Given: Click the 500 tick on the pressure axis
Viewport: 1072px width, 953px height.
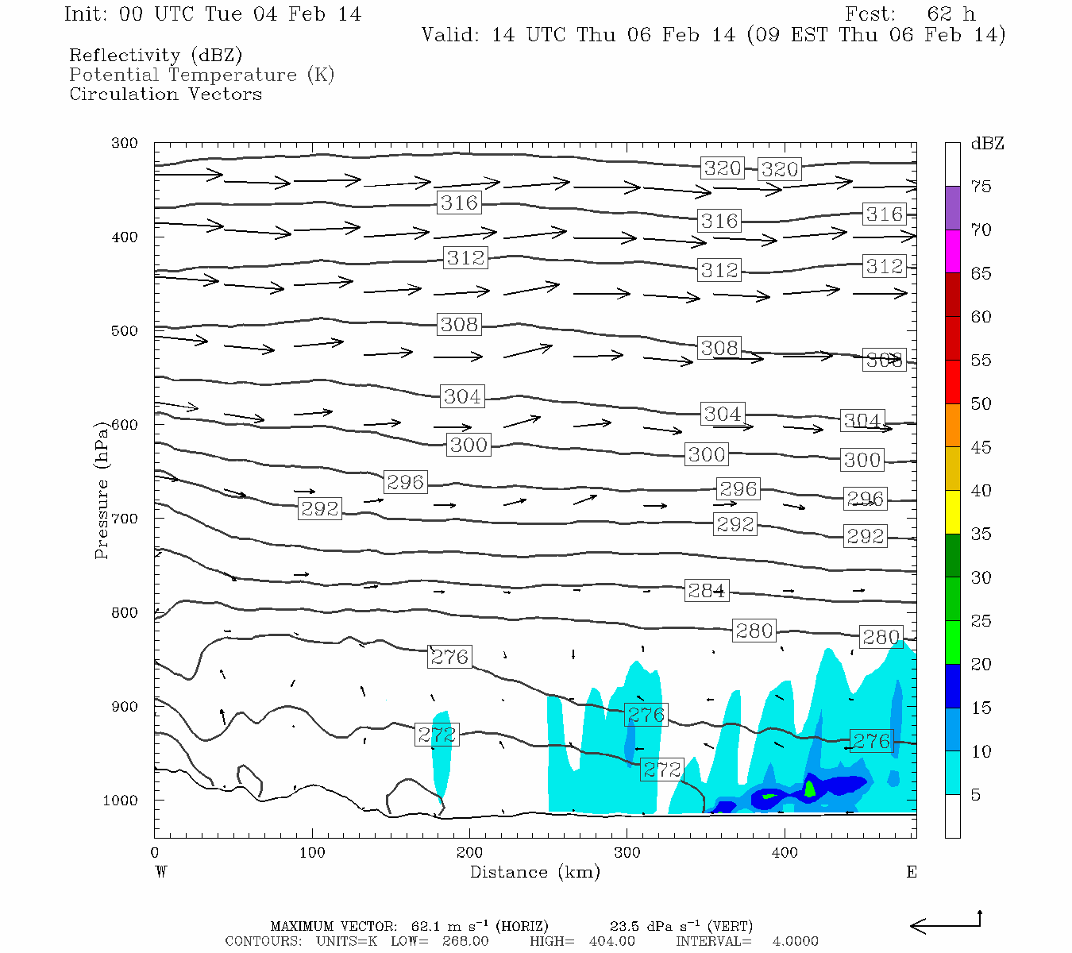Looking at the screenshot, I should pos(125,330).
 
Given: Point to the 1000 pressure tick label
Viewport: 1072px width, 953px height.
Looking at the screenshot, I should pos(121,800).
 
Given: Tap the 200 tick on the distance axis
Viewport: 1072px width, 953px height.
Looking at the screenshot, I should pos(469,853).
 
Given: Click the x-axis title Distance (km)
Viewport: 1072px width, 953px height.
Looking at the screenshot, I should pos(534,872).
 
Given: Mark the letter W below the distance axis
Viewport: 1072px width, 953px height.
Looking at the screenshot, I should pos(161,872).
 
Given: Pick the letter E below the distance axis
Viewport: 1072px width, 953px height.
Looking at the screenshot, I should pos(912,872).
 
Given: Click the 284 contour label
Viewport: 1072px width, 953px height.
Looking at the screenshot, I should pos(706,591).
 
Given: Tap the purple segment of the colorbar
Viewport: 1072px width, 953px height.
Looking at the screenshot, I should pos(952,208).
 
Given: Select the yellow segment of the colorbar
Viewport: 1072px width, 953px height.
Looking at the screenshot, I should pos(952,512).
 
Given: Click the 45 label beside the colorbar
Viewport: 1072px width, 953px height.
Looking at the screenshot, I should pos(981,447).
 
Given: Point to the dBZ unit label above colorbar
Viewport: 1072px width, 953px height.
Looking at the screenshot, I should pos(987,144).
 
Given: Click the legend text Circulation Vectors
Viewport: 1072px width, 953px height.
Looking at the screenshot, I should pos(165,94).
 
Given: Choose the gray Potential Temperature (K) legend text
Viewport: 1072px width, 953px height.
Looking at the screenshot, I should pos(202,75).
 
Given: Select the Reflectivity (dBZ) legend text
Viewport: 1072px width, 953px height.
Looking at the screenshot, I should pos(156,56).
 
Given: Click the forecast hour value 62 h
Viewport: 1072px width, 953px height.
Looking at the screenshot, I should pos(951,14).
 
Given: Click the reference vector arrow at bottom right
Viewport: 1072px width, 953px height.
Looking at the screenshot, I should pos(945,924).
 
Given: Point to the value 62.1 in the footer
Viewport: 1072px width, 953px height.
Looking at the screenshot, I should pos(429,926).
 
